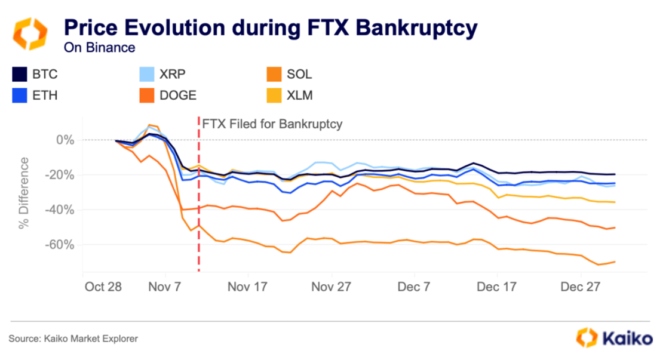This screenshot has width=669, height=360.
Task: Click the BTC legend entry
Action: click(x=36, y=75)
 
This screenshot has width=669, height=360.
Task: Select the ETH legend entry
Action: click(x=36, y=96)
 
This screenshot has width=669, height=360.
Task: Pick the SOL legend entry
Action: click(x=289, y=75)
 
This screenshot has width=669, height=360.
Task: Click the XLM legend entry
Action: click(x=290, y=96)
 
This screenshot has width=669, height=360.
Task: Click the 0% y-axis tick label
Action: click(x=65, y=140)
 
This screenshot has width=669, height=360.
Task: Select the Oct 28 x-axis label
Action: click(x=103, y=287)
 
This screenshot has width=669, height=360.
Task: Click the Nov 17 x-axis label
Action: click(x=248, y=287)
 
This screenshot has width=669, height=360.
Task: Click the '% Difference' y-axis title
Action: click(x=24, y=193)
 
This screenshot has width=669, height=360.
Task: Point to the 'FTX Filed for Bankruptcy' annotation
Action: click(x=272, y=124)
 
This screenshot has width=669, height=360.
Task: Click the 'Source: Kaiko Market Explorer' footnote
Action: click(x=73, y=339)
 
